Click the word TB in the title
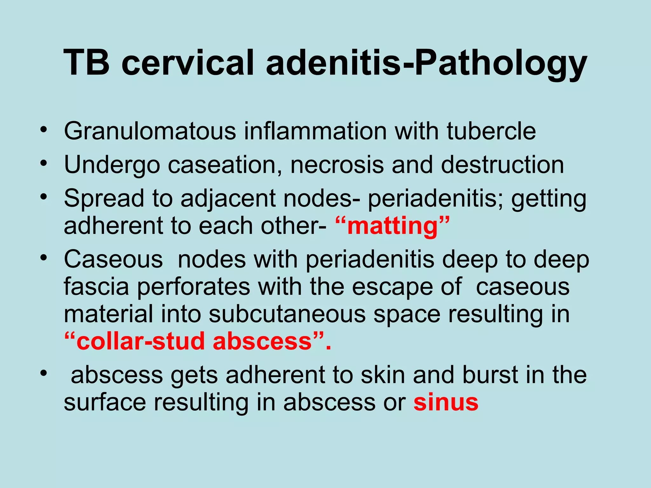tap(86, 63)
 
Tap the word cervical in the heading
tap(188, 63)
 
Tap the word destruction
tap(502, 165)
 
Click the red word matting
tap(393, 226)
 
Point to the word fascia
tap(96, 287)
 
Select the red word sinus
tap(446, 402)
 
